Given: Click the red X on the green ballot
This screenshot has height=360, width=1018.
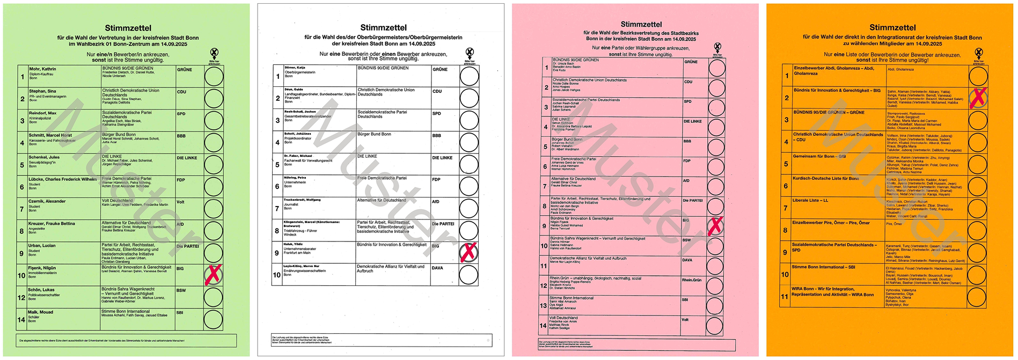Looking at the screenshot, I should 213,275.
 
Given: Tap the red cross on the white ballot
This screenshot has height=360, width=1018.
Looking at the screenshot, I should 468,252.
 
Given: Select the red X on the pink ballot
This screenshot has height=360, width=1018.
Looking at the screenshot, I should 715,226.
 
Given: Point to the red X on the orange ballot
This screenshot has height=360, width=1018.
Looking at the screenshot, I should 978,98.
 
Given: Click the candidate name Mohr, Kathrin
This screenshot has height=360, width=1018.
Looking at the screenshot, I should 42,69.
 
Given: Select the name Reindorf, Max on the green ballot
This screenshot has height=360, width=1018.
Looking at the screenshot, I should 42,113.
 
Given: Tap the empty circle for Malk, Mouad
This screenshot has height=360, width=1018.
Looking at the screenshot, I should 213,319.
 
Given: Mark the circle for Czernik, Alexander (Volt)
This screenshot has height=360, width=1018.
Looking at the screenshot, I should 213,209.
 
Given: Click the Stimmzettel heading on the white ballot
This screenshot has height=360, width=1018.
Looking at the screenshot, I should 383,27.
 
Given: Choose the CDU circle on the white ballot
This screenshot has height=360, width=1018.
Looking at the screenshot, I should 469,98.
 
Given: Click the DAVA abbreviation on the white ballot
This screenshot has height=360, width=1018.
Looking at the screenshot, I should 437,268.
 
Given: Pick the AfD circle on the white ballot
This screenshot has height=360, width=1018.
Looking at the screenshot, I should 469,208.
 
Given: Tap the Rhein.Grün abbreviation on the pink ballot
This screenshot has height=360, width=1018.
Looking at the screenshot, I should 692,280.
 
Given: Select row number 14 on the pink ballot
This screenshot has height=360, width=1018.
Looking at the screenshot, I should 543,325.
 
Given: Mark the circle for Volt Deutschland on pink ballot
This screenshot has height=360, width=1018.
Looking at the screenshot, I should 714,325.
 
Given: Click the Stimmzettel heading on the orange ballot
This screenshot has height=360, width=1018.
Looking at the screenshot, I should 892,27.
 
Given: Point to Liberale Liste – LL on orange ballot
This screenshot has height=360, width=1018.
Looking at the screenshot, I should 810,200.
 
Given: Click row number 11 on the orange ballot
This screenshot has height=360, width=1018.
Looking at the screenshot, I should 785,296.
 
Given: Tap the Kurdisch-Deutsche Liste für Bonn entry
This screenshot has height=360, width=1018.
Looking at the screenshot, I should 825,178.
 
